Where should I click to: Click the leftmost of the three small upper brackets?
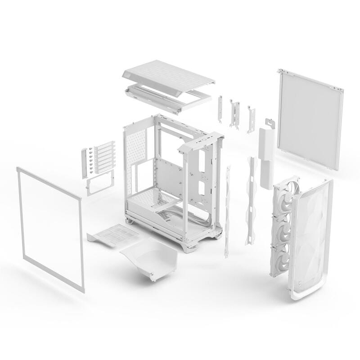(221, 109)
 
